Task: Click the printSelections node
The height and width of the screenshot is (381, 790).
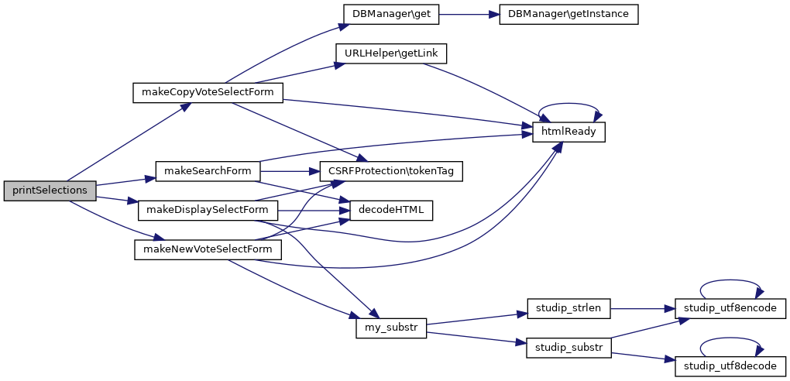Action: pos(50,190)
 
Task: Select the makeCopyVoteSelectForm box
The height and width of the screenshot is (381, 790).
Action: pos(208,93)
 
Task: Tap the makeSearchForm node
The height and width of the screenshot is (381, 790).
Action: pos(208,171)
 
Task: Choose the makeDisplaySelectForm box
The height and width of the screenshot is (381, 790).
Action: pos(208,210)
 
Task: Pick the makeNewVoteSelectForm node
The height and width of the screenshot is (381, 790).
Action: pos(208,249)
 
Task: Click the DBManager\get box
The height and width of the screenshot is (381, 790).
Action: pos(391,14)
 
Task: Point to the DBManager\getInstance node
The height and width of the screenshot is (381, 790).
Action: pos(568,14)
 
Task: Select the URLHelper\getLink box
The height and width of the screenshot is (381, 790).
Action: pos(391,53)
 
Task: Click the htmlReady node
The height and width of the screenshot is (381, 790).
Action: pos(568,132)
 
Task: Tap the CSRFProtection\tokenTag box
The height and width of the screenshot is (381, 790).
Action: pos(391,171)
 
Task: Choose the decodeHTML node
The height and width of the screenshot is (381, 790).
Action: pos(391,210)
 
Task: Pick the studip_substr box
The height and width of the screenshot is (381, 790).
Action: pos(568,347)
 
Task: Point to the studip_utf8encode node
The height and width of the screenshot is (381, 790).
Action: pos(731,308)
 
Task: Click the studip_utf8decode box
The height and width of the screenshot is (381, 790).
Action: pos(731,366)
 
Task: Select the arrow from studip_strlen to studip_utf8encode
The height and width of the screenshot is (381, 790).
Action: pos(643,308)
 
